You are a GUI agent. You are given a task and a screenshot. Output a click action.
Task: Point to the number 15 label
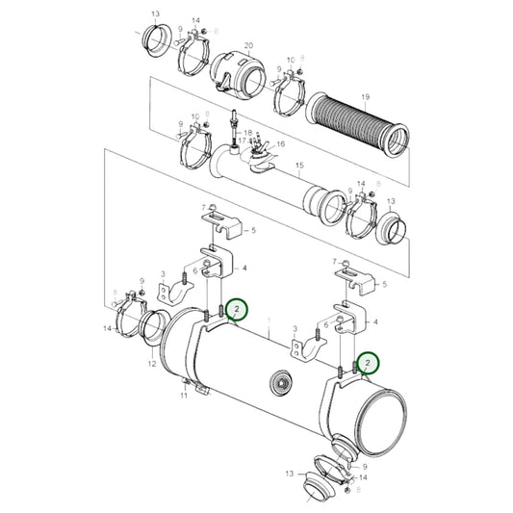click(298, 167)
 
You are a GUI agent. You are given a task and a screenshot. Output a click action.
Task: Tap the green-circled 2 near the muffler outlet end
click(366, 363)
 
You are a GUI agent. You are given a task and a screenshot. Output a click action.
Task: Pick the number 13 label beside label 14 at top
click(156, 16)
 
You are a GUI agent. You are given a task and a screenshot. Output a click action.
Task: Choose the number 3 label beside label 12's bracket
click(165, 274)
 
